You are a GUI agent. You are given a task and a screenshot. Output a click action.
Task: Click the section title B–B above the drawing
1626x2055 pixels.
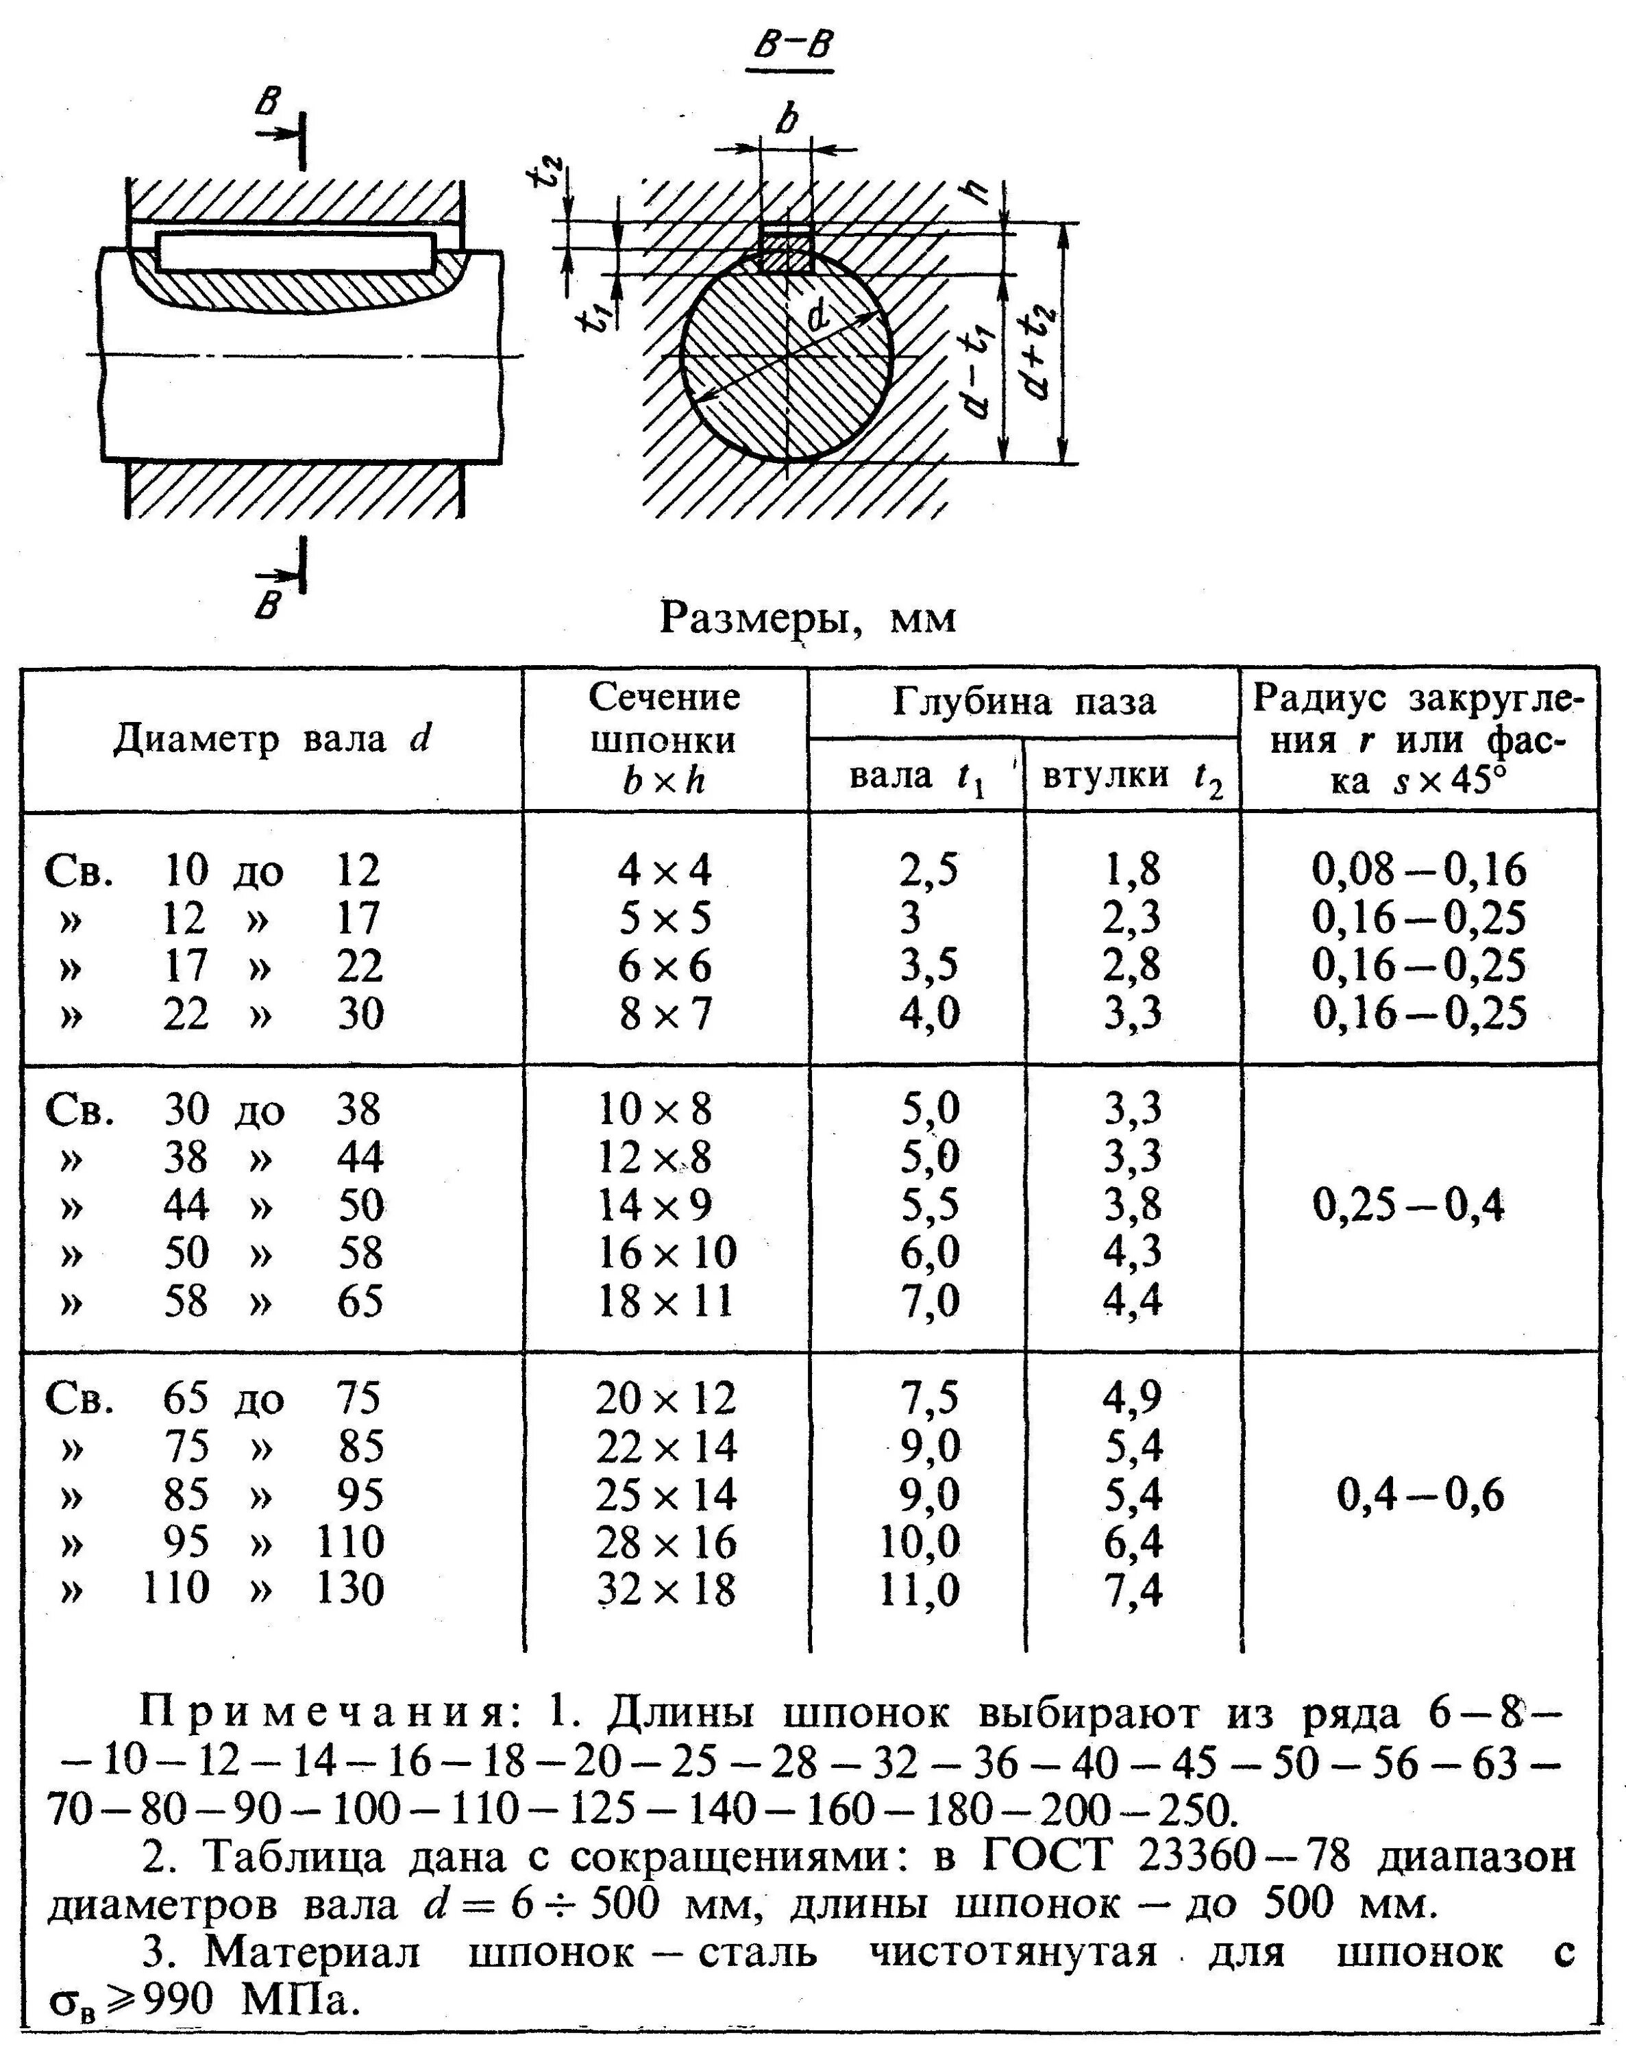click(789, 49)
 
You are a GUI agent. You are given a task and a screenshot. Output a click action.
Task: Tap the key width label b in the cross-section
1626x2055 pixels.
click(787, 121)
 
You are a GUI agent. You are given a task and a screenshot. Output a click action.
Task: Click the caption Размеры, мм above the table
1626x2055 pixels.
click(807, 619)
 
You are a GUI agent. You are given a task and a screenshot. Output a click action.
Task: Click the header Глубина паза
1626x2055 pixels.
click(1024, 701)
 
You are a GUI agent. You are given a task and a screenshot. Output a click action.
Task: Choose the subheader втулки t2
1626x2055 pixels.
click(1132, 777)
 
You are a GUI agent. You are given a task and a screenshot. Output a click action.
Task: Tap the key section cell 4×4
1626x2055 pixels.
click(665, 870)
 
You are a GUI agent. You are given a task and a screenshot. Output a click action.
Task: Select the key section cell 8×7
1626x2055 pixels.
click(665, 1014)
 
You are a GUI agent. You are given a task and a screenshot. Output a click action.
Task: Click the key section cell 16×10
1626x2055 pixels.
click(667, 1253)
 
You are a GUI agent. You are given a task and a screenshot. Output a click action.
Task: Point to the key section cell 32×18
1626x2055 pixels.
click(667, 1590)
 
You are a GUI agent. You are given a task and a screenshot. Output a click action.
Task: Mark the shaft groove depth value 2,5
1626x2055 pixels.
click(929, 870)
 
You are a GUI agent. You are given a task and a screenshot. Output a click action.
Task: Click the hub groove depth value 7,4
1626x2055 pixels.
click(1133, 1590)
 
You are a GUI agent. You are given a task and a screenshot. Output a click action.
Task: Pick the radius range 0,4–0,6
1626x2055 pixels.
click(1420, 1495)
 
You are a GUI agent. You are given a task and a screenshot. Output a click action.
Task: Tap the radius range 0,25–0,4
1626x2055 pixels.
click(1409, 1206)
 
